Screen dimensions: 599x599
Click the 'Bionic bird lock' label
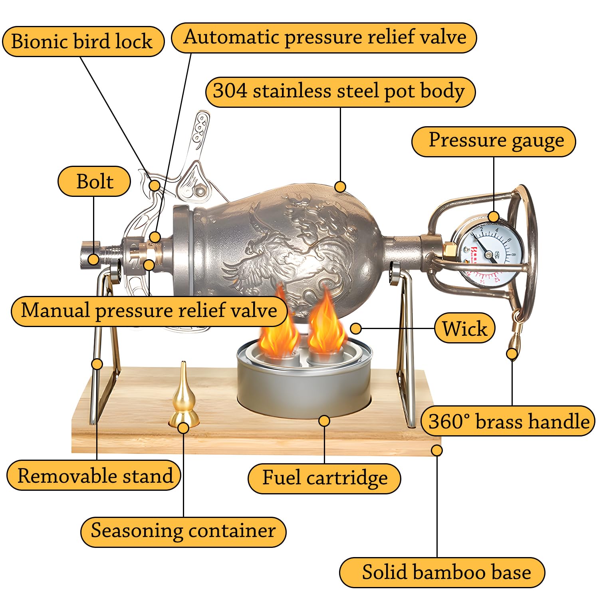83,42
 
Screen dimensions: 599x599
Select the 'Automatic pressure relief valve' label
324,38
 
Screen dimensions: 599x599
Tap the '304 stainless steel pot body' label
340,91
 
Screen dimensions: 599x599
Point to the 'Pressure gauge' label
494,141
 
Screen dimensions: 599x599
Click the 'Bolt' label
94,181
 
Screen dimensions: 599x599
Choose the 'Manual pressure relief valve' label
149,311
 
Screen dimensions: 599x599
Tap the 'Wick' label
464,329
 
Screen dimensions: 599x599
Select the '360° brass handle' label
508,421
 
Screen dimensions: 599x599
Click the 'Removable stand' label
94,476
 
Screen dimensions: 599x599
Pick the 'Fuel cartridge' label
324,478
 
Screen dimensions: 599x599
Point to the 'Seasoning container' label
183,532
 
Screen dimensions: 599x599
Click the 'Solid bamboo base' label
442,572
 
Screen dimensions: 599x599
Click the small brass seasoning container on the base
184,399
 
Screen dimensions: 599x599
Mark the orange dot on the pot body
340,186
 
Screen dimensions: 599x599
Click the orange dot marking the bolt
93,260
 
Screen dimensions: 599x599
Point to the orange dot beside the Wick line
355,329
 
